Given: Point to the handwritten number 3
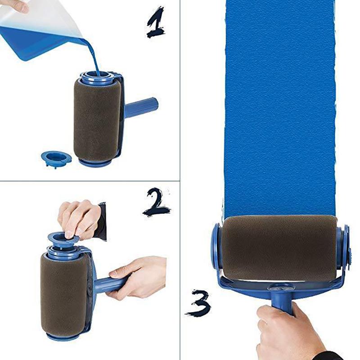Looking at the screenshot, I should (198, 302).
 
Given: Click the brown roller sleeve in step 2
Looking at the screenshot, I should (63, 292).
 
